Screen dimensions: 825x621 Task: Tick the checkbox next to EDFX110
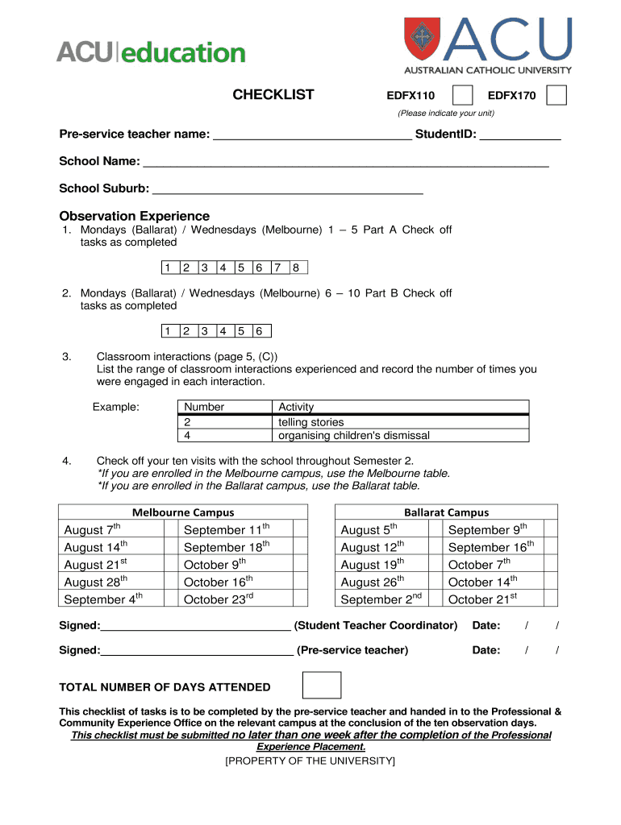coord(463,95)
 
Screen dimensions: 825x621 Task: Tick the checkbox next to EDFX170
coord(556,95)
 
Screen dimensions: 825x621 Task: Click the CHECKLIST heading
coord(273,95)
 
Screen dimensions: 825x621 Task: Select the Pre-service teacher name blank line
coord(311,135)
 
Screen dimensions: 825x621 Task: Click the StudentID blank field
coord(520,135)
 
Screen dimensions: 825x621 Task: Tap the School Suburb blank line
coord(287,190)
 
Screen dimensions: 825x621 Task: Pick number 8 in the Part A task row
coord(298,267)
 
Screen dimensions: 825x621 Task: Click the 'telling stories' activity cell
coord(311,422)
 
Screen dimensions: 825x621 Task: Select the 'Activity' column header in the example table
coord(296,408)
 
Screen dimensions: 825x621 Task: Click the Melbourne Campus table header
coord(183,512)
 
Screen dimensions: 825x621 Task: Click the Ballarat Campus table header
coord(446,512)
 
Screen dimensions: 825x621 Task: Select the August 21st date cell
coord(96,564)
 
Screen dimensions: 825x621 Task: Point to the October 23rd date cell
coord(219,599)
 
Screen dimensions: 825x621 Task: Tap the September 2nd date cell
coord(381,599)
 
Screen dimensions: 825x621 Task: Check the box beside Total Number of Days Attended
coord(321,686)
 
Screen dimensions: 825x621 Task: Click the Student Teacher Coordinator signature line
coord(195,627)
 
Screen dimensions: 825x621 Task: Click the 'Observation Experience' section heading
coord(134,216)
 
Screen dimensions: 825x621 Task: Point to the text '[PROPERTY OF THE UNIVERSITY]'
coord(310,761)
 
